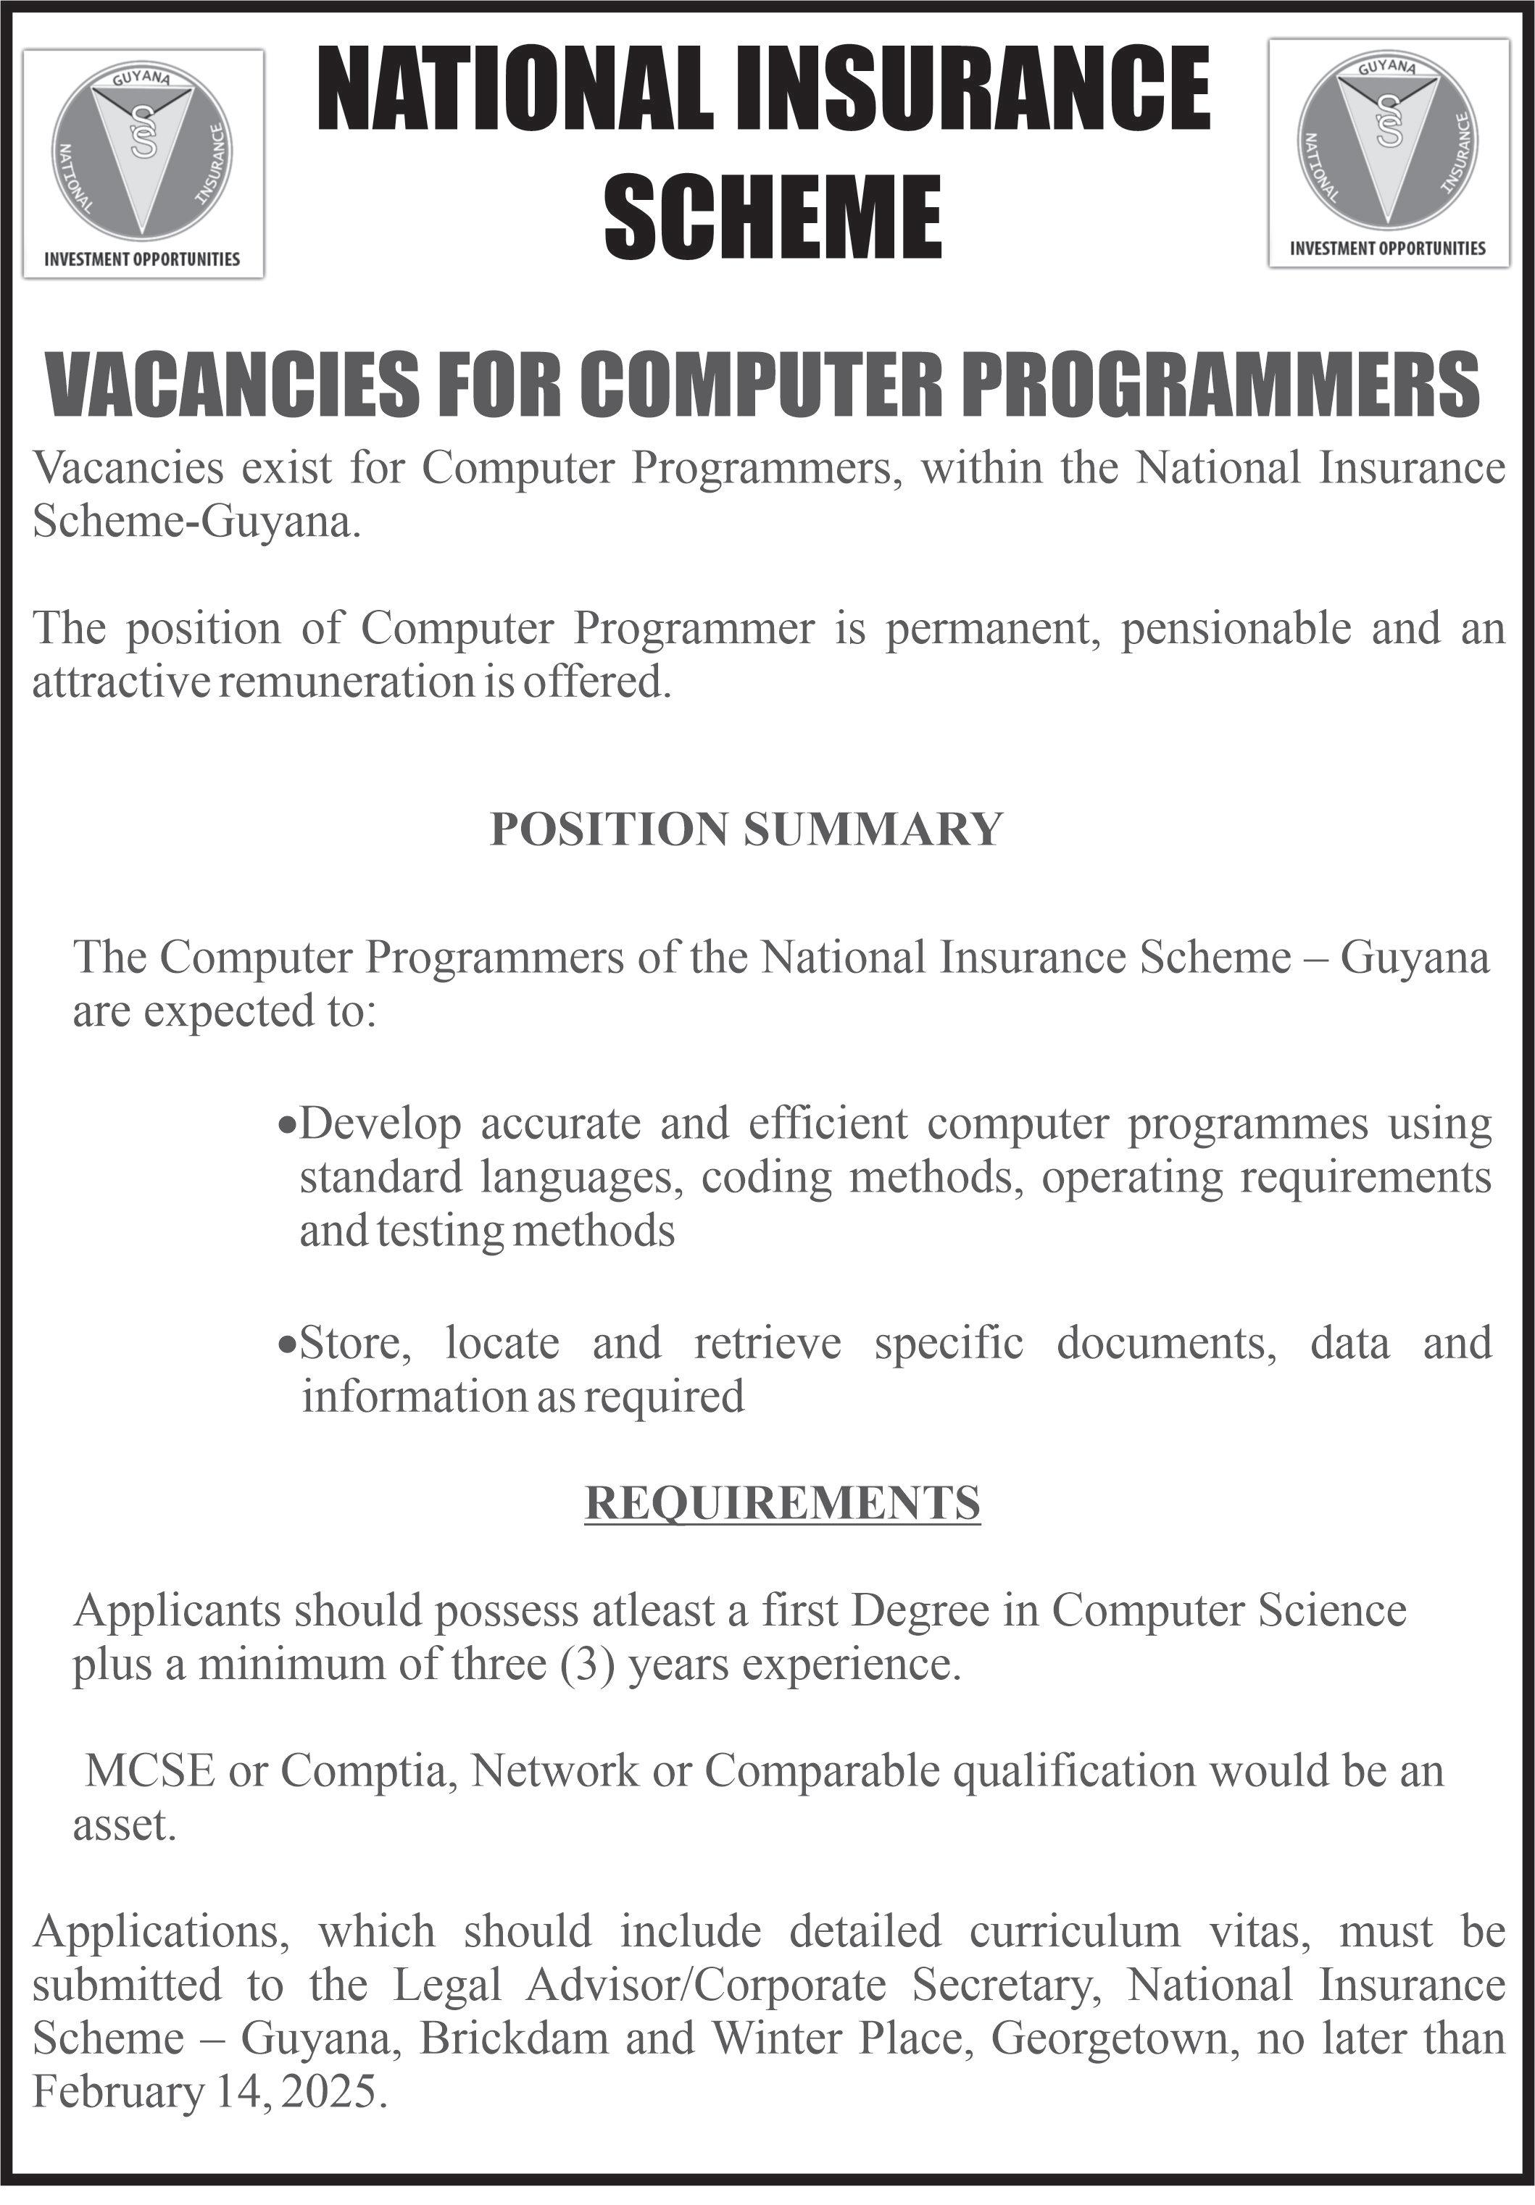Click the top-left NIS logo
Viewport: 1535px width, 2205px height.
click(x=142, y=150)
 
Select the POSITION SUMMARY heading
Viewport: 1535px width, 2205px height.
click(x=746, y=829)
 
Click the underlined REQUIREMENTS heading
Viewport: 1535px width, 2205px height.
click(x=782, y=1503)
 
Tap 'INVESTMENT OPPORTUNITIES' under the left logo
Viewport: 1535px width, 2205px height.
click(x=142, y=259)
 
